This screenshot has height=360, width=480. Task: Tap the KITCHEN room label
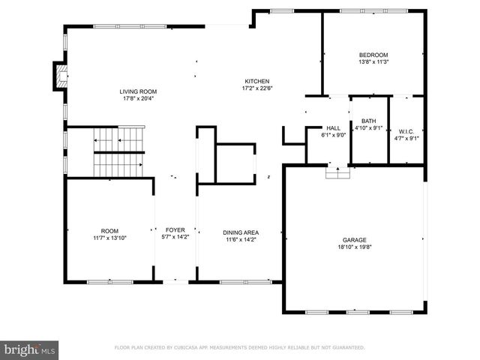[x=256, y=82]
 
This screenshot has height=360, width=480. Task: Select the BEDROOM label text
[x=373, y=55]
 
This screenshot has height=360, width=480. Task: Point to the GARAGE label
[x=355, y=241]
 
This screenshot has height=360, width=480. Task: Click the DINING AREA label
[x=240, y=232]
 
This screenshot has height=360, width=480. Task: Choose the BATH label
[x=368, y=121]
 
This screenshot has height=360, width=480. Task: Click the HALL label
[x=334, y=128]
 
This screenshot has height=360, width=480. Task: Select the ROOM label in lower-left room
[x=109, y=231]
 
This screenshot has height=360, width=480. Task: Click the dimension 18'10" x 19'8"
[x=355, y=247]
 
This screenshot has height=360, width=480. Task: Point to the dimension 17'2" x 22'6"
[x=256, y=88]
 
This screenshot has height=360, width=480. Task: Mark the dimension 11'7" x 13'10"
[x=109, y=238]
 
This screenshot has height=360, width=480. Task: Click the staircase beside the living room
[x=117, y=151]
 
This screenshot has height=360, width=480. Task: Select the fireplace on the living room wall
[x=61, y=74]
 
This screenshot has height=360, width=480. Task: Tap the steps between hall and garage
[x=337, y=172]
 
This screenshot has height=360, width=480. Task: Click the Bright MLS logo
[x=30, y=349]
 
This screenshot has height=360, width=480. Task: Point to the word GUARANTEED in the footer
[x=345, y=348]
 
